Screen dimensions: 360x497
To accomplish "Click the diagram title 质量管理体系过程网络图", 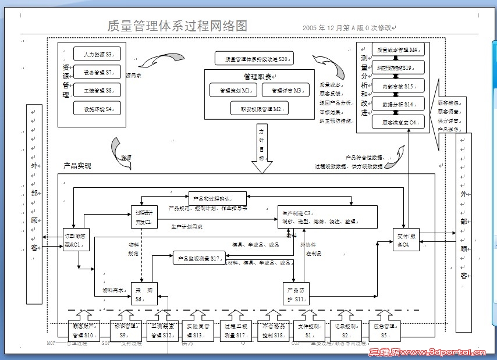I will tap(177, 26).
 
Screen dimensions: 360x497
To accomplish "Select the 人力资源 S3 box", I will tap(97, 54).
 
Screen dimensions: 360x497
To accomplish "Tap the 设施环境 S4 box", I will tap(97, 108).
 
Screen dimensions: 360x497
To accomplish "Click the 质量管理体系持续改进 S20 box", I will tap(253, 59).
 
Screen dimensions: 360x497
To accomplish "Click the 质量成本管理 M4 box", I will tap(397, 50).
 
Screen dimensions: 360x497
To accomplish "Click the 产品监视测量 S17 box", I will tap(198, 258).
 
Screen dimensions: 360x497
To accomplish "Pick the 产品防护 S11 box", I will tap(297, 294).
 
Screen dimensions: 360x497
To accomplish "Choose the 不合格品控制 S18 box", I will tap(271, 332).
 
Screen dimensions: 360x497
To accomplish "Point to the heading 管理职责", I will tap(259, 76).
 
